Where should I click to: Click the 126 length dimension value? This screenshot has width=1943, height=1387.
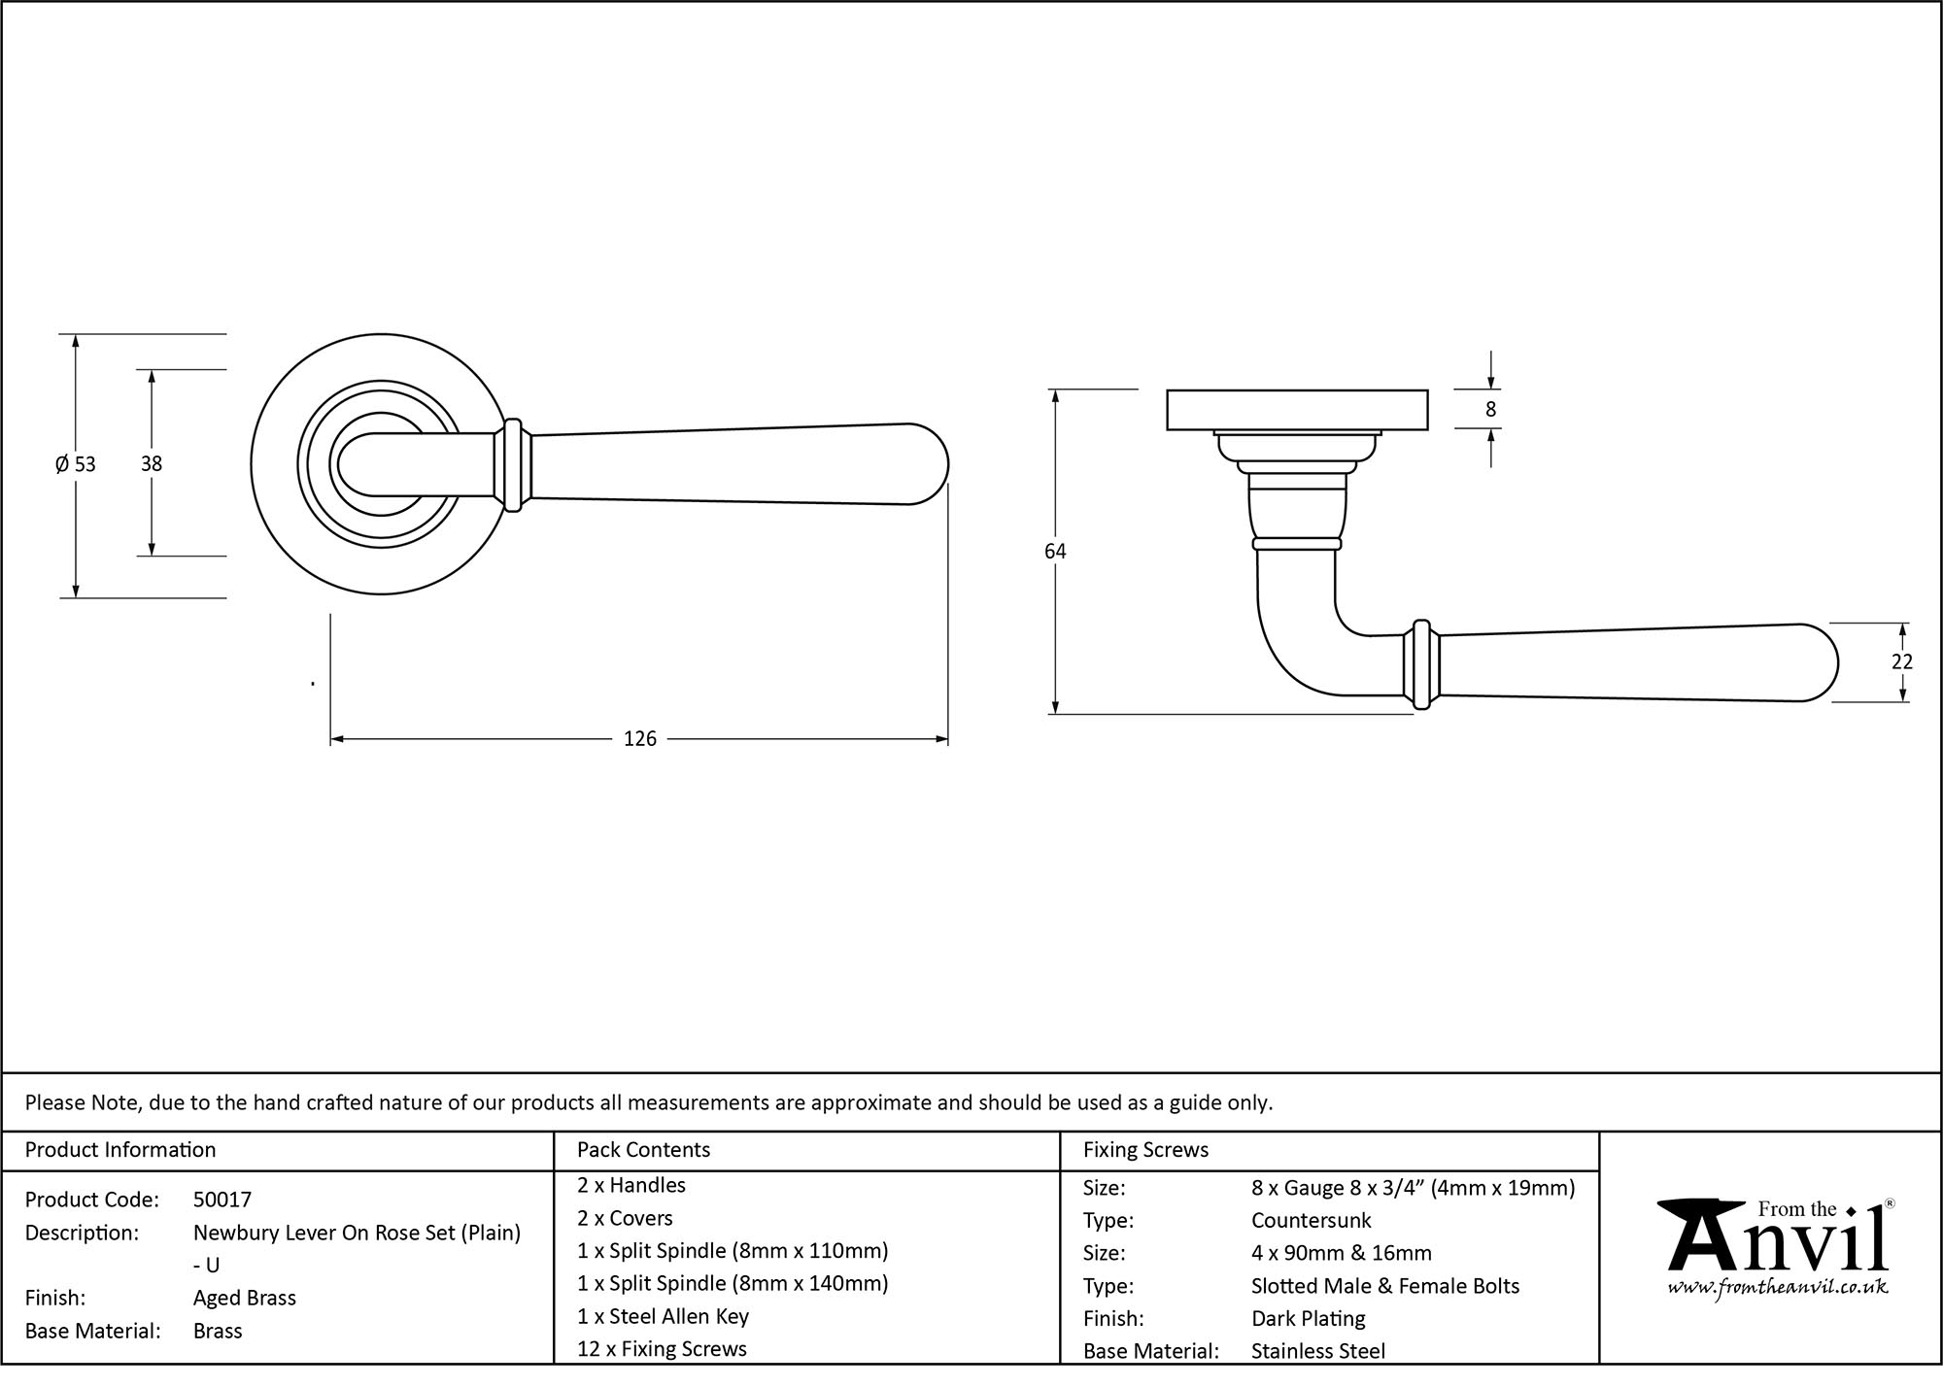click(x=639, y=739)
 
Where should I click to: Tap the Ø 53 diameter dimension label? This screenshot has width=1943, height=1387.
click(x=76, y=464)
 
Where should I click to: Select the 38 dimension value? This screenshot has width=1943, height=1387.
click(x=151, y=464)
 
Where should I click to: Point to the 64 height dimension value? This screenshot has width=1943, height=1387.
click(x=1055, y=552)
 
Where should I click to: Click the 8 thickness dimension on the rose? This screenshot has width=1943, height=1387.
click(x=1490, y=409)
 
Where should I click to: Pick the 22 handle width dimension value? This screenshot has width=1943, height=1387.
click(x=1901, y=661)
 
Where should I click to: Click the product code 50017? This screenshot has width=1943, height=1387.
click(x=222, y=1200)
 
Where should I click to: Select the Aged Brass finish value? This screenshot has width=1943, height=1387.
click(x=244, y=1298)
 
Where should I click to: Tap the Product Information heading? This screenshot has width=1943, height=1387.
click(x=120, y=1150)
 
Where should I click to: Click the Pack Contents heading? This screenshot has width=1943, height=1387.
click(x=643, y=1150)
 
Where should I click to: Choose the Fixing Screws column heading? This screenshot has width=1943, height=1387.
click(x=1145, y=1150)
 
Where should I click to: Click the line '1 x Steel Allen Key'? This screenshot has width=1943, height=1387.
click(x=663, y=1316)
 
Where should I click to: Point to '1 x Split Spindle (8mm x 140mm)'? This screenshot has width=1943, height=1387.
click(x=733, y=1283)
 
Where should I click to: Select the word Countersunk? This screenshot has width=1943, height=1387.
click(x=1311, y=1220)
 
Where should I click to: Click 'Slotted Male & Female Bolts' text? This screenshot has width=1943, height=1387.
click(x=1384, y=1286)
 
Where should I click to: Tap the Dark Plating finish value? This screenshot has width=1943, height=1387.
click(x=1308, y=1319)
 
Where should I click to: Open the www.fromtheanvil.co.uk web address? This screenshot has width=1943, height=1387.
click(x=1777, y=1288)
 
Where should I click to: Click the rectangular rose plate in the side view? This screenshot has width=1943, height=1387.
click(x=1296, y=409)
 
